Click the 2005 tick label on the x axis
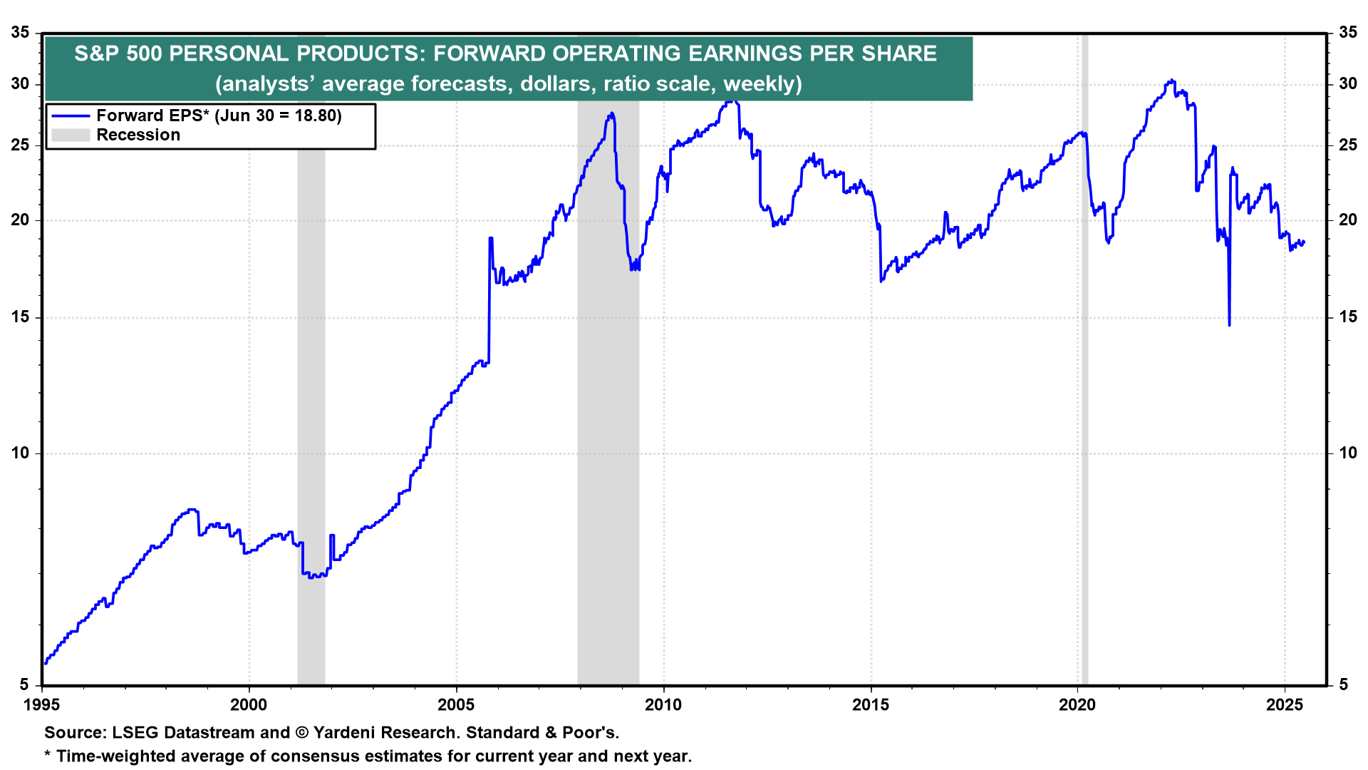pyautogui.click(x=456, y=705)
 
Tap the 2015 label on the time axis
pyautogui.click(x=871, y=705)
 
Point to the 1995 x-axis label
pyautogui.click(x=42, y=705)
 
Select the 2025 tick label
pyautogui.click(x=1285, y=705)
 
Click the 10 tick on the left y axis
pyautogui.click(x=20, y=453)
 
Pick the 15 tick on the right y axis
pyautogui.click(x=1348, y=317)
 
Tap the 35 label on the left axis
pyautogui.click(x=20, y=33)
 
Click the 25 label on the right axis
pyautogui.click(x=1348, y=145)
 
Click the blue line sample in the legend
pyautogui.click(x=71, y=116)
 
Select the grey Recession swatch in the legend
pyautogui.click(x=71, y=135)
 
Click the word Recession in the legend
pyautogui.click(x=138, y=135)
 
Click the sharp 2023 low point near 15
pyautogui.click(x=1229, y=325)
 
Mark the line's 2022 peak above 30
pyautogui.click(x=1171, y=81)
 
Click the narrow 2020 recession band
pyautogui.click(x=1084, y=356)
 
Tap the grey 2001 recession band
pyautogui.click(x=311, y=356)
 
